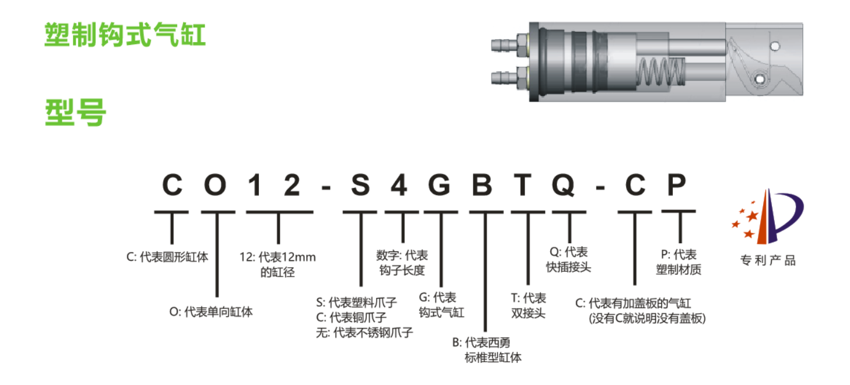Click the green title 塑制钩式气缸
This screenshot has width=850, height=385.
125,34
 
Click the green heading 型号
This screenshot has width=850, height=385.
76,113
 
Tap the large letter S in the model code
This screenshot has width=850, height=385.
360,185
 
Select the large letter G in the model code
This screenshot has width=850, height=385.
439,185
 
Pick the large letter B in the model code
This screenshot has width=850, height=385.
482,185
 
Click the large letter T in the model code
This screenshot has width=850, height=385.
522,185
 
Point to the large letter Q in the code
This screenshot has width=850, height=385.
563,185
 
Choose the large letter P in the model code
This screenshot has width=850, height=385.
677,185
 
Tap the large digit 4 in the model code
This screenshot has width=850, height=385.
399,185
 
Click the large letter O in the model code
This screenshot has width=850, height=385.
215,185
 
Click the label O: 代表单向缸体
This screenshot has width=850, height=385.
211,312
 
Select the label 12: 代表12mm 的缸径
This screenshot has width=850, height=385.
278,264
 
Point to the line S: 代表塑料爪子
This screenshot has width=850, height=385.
357,303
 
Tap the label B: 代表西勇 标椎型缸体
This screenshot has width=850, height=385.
487,350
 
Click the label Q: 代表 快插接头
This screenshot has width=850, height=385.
568,260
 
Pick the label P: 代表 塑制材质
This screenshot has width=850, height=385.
679,262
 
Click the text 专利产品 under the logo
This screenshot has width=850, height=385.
768,261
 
